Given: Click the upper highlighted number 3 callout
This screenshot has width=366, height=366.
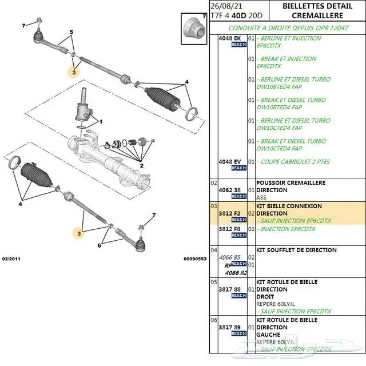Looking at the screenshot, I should tap(74, 73).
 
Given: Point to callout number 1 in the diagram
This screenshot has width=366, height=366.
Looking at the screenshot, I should tap(101, 121).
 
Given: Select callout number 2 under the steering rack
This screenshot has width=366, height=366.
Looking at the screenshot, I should tap(141, 165).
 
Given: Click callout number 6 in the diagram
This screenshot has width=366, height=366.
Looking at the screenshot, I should tap(99, 245).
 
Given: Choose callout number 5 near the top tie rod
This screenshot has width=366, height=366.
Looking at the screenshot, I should tap(71, 32).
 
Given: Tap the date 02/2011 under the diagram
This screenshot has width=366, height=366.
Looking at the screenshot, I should tap(11, 259).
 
